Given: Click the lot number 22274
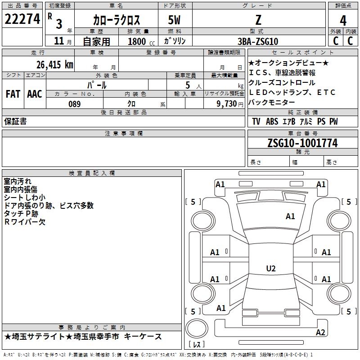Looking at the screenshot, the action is click(22, 19).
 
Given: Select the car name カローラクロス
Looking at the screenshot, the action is click(117, 20).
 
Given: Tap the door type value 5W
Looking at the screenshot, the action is click(175, 20).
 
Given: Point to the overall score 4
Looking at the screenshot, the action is click(343, 20).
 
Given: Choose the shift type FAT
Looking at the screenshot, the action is click(13, 94).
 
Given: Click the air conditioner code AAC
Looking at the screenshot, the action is click(35, 94).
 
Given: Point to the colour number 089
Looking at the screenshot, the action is click(74, 104).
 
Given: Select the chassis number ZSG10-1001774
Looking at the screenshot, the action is click(302, 143).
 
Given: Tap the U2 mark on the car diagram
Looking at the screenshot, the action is click(270, 269).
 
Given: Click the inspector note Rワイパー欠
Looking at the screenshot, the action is click(25, 222).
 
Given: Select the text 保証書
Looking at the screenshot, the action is click(15, 121).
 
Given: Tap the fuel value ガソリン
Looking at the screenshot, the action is click(175, 41).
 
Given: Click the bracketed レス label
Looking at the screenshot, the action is click(197, 345).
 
